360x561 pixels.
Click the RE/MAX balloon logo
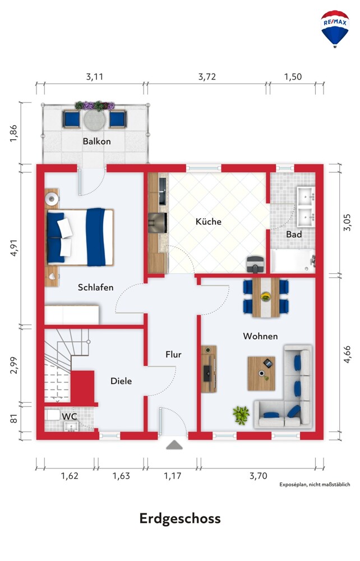(x=335, y=29)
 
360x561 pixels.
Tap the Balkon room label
(x=96, y=141)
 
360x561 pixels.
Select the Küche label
(x=209, y=222)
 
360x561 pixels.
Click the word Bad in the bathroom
(x=294, y=234)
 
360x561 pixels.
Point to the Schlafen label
(x=95, y=287)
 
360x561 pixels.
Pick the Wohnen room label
(x=260, y=336)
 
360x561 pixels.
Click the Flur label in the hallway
(x=173, y=355)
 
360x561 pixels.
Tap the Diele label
(x=121, y=381)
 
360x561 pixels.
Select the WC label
(x=70, y=417)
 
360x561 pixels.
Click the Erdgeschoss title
(x=180, y=518)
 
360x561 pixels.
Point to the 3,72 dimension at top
(x=207, y=76)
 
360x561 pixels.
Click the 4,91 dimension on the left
(x=13, y=247)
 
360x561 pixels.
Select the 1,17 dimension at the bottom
(x=173, y=476)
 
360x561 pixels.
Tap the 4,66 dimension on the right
(x=347, y=355)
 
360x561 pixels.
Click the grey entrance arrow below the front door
(x=174, y=445)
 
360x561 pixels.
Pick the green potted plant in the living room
(x=241, y=415)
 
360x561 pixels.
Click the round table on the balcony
(x=95, y=120)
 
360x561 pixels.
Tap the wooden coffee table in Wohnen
(x=261, y=374)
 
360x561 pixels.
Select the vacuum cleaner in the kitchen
(x=256, y=264)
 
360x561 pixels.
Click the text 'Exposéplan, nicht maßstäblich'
(x=315, y=485)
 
